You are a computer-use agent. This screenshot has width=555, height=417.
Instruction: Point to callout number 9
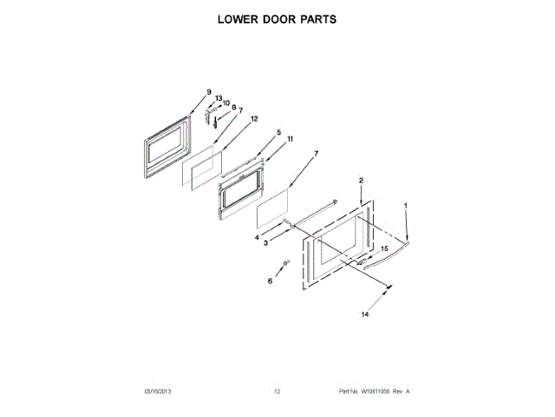209,92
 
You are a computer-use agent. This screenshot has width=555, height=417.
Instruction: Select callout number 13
219,98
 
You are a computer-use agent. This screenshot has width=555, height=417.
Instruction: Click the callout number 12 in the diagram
254,118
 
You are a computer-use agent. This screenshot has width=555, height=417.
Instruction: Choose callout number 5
278,133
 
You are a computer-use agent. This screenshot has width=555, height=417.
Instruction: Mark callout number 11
290,139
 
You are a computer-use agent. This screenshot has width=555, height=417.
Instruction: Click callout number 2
361,181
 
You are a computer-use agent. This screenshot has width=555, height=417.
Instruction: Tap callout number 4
257,236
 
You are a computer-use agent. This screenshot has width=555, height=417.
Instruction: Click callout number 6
270,281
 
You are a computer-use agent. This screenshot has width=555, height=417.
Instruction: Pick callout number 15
383,248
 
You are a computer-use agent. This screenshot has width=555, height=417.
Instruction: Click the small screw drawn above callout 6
284,264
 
